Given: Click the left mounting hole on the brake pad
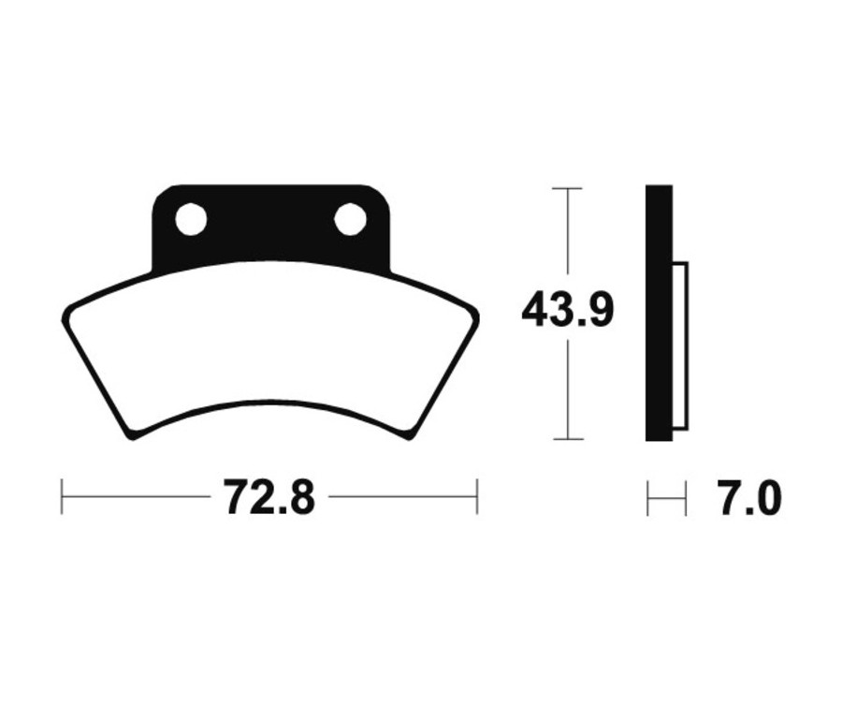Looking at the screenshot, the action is (x=191, y=219).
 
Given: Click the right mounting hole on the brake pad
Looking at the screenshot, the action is (x=350, y=219).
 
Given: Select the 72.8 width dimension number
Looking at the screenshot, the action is (x=269, y=498).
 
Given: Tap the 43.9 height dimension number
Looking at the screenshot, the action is (x=568, y=310).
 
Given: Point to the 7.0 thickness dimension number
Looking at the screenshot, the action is (x=749, y=499).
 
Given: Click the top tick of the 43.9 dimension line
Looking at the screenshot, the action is (x=567, y=188).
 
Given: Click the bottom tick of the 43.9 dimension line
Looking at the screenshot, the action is (x=568, y=439).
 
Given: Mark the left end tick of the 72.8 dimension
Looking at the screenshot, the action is (x=62, y=496).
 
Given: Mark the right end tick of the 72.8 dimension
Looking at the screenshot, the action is (x=477, y=496).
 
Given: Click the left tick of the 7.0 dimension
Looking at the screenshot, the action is (x=647, y=499).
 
